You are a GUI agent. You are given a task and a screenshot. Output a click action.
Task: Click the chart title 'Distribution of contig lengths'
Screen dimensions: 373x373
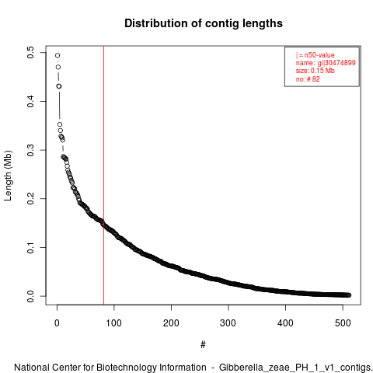(204, 23)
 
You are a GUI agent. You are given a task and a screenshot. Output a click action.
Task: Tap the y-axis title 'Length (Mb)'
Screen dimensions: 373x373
(8, 176)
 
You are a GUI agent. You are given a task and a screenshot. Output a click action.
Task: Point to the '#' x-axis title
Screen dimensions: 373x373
(203, 344)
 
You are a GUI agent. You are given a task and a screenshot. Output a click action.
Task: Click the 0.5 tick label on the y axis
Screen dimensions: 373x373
(30, 53)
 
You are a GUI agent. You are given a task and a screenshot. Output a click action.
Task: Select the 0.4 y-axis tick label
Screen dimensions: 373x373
(30, 101)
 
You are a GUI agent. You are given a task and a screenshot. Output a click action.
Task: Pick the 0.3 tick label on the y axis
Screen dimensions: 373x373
(30, 150)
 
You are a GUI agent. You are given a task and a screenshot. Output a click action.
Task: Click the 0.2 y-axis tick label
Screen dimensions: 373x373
(30, 199)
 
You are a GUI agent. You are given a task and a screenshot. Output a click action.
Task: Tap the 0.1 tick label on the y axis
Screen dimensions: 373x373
(30, 247)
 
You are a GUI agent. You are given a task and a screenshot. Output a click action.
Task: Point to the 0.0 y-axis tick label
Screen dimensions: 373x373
(30, 296)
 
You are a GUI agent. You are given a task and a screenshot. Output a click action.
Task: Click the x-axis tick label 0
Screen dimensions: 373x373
(57, 323)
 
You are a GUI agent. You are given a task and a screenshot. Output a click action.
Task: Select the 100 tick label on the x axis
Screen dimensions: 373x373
(114, 323)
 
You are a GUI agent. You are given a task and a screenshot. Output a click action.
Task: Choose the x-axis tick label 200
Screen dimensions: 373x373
(171, 323)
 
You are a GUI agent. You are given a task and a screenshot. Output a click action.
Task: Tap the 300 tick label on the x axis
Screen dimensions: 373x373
(228, 323)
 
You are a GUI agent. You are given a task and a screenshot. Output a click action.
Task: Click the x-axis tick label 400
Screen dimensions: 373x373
(285, 323)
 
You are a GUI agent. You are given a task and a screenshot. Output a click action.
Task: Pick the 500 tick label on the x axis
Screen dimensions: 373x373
(343, 323)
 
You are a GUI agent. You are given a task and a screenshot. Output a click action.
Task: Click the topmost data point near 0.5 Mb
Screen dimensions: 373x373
(58, 55)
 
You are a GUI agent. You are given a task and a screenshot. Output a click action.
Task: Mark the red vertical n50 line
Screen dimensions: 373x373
(103, 176)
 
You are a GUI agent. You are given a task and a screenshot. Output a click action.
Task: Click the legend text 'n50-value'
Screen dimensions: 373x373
(319, 55)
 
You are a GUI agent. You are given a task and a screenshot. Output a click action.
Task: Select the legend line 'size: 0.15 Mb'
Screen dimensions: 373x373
(315, 71)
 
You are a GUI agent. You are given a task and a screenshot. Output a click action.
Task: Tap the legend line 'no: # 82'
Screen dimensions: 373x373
(308, 79)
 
